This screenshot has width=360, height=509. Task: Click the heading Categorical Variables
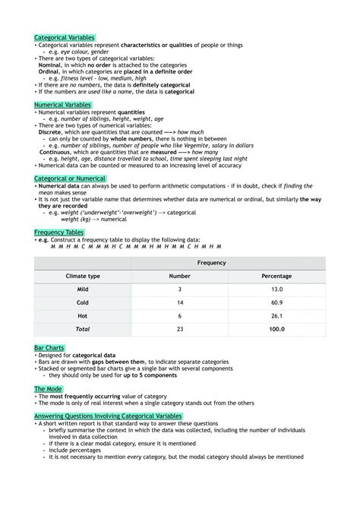(x=64, y=37)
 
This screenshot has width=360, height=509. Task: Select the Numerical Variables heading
(x=63, y=104)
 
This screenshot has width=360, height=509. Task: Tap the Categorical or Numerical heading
(x=70, y=178)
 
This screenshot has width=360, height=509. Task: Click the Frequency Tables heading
(x=59, y=232)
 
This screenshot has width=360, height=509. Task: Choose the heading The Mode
(x=49, y=388)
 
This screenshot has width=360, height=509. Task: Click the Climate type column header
(x=83, y=277)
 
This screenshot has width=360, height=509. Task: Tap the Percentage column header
(x=276, y=277)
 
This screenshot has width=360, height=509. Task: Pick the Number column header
(x=179, y=277)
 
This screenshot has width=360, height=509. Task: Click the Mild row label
(x=83, y=289)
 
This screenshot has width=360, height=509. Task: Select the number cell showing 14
(x=179, y=302)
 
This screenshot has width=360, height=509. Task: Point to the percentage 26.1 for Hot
(x=276, y=315)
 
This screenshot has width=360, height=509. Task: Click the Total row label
(x=83, y=329)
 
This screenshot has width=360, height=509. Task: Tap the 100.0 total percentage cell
(x=276, y=329)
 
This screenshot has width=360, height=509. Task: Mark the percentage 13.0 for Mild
(x=276, y=289)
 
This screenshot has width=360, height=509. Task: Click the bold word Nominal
(x=50, y=65)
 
